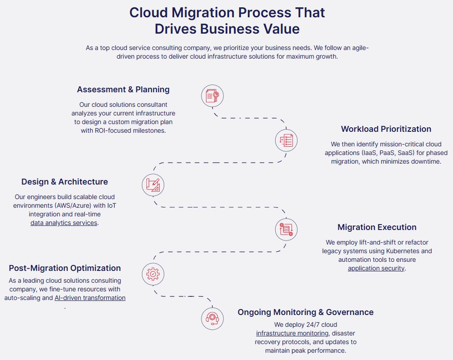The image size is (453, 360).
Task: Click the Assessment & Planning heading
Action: point(123,90)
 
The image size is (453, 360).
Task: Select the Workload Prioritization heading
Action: point(386,129)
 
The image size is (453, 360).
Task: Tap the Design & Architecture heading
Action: point(65,182)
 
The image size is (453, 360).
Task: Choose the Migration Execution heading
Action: point(377,227)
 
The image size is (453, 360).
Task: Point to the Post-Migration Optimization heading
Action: point(65,268)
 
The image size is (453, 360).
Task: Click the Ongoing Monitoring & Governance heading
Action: point(306,312)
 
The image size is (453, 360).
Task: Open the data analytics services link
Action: point(64,223)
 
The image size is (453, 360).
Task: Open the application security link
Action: point(376,268)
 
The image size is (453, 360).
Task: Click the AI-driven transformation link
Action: point(90,298)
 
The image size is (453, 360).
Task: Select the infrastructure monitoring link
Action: point(292,334)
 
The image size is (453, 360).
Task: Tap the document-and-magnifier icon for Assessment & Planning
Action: point(212,95)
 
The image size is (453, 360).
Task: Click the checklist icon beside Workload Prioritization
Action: point(286,140)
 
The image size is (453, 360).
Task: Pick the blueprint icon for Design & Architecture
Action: point(153,185)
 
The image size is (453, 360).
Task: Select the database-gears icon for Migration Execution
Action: point(286,230)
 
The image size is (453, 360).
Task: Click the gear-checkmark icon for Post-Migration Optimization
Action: point(153,274)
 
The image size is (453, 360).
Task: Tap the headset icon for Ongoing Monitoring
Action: point(212,319)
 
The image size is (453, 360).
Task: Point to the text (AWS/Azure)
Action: point(72,206)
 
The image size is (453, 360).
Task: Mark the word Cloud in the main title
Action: point(148,13)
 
